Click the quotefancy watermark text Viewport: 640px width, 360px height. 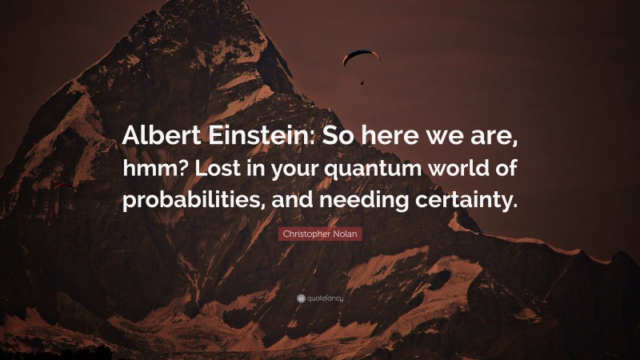tap(324, 298)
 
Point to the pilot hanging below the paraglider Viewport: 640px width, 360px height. tap(362, 81)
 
